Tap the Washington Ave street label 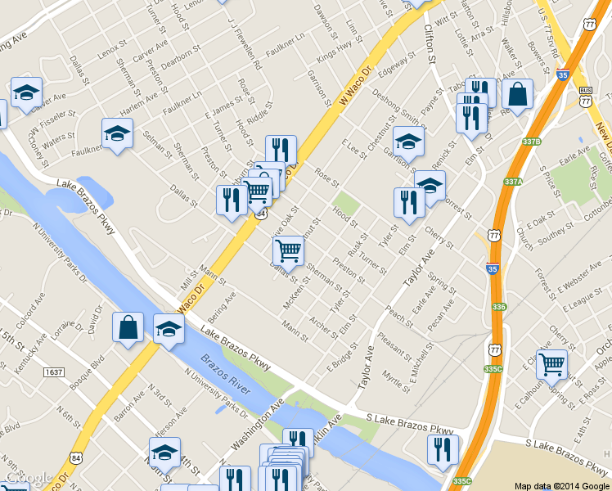pyautogui.click(x=257, y=425)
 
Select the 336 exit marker pyautogui.click(x=501, y=306)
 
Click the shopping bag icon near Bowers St pyautogui.click(x=517, y=94)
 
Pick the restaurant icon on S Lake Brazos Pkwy pyautogui.click(x=442, y=449)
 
